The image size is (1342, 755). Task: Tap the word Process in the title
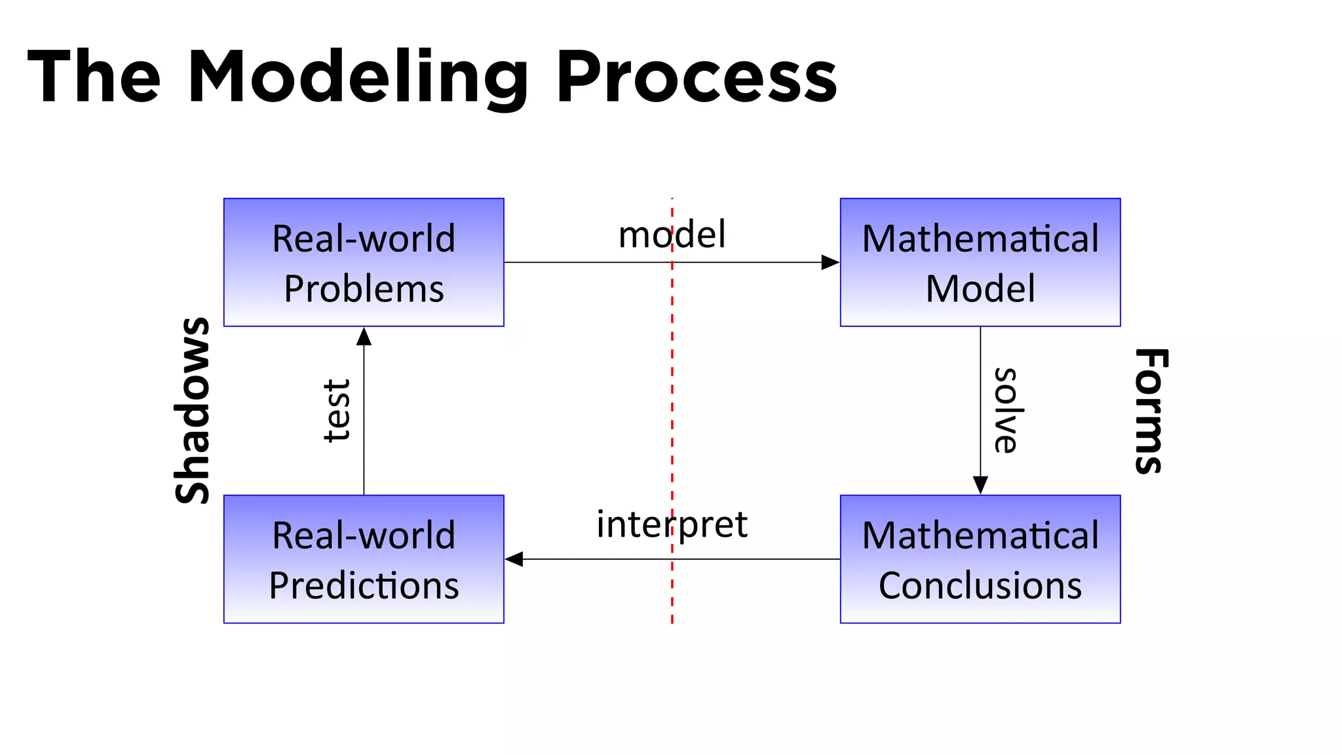[696, 77]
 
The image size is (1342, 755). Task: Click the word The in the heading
[94, 77]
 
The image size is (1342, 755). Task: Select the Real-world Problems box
[364, 262]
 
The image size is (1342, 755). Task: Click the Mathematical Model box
[980, 262]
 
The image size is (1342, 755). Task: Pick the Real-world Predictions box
[364, 559]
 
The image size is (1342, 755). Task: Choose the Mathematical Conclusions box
[980, 559]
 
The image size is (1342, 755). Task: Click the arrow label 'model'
[672, 235]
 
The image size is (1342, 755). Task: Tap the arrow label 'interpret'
[672, 524]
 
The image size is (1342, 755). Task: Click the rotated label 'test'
[338, 410]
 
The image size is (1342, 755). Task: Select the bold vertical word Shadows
[193, 410]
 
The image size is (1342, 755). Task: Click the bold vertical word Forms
[1151, 410]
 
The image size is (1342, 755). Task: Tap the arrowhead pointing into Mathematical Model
[830, 262]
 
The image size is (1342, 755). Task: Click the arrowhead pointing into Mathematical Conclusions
[980, 485]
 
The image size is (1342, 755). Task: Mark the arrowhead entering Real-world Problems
[364, 337]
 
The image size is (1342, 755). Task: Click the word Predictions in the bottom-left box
[364, 585]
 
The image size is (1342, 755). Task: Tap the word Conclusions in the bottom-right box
[980, 585]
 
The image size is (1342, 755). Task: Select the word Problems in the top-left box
[364, 289]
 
